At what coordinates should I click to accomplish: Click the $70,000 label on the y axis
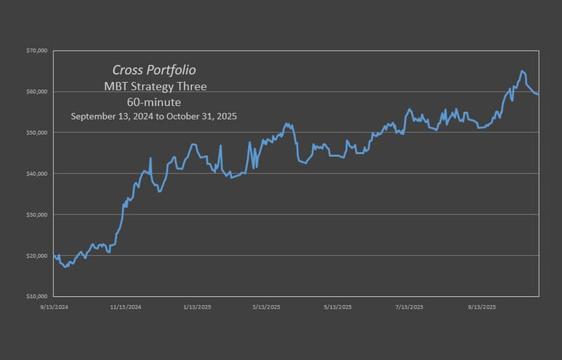pyautogui.click(x=36, y=51)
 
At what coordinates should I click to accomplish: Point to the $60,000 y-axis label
pyautogui.click(x=36, y=91)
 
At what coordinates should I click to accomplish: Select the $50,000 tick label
pyautogui.click(x=36, y=132)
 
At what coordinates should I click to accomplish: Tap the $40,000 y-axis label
pyautogui.click(x=36, y=173)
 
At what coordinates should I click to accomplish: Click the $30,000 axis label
pyautogui.click(x=36, y=214)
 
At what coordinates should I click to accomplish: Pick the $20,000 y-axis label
pyautogui.click(x=36, y=255)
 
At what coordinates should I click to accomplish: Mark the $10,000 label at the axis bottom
pyautogui.click(x=36, y=296)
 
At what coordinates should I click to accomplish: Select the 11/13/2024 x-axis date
pyautogui.click(x=127, y=307)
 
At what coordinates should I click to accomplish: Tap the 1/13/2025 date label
pyautogui.click(x=197, y=307)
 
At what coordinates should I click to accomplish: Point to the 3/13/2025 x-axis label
pyautogui.click(x=266, y=307)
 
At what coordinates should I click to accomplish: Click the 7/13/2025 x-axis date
pyautogui.click(x=409, y=307)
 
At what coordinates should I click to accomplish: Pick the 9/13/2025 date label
pyautogui.click(x=481, y=307)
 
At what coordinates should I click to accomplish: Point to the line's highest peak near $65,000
pyautogui.click(x=522, y=71)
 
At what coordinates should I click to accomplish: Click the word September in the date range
pyautogui.click(x=93, y=116)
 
